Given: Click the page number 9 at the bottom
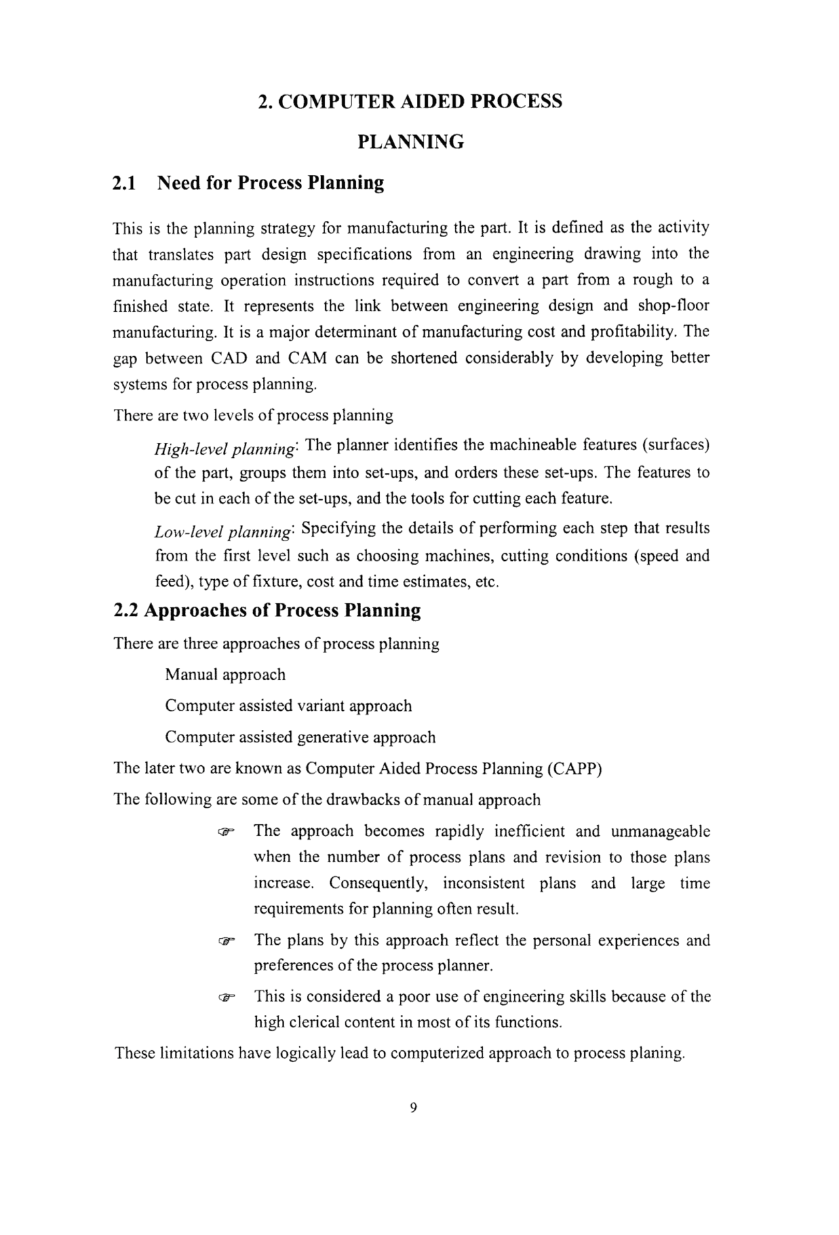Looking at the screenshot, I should click(x=413, y=1108).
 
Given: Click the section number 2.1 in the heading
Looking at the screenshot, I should click(x=124, y=183).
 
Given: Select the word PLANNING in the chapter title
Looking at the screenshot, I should click(x=411, y=142).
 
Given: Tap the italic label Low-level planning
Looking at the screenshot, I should click(x=224, y=532).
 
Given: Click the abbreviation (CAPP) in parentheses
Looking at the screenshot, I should click(x=574, y=769).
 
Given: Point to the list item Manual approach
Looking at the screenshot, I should click(x=225, y=675).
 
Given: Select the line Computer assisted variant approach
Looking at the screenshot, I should click(x=288, y=706).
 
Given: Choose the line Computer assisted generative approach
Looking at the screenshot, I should click(x=300, y=738).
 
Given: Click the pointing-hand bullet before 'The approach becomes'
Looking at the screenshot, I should click(x=225, y=833).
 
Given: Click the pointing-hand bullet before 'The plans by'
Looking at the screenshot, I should click(x=225, y=941).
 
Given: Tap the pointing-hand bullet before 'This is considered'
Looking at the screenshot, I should click(x=225, y=998).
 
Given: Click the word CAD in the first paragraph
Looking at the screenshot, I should click(x=229, y=358).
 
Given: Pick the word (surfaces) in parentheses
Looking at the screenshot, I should click(x=676, y=446).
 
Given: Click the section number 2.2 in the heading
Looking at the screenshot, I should click(x=126, y=611).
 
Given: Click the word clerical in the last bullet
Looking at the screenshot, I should click(x=312, y=1023).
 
